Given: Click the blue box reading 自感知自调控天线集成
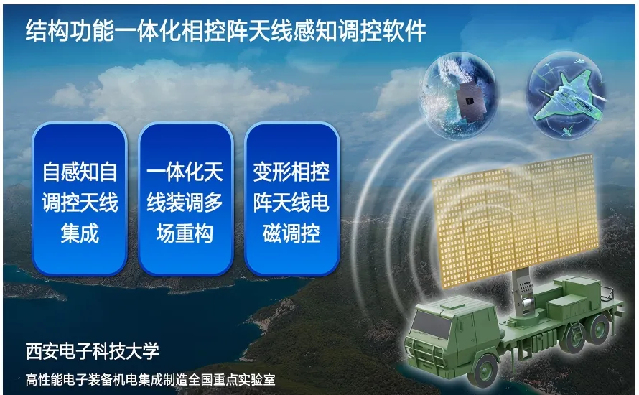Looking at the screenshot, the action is [80, 199].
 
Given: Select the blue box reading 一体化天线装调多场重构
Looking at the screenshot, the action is [185, 199].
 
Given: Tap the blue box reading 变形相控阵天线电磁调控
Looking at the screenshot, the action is [291, 199].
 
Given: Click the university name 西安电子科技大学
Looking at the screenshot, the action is [92, 351].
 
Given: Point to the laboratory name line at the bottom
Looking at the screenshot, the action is [150, 379].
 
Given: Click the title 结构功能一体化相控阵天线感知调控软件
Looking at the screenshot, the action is [225, 30].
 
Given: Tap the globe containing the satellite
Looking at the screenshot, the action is [460, 96].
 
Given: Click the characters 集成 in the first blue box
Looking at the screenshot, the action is [80, 233].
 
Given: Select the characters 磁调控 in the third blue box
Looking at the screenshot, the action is [291, 233].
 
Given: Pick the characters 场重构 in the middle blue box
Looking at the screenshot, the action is [185, 233].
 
